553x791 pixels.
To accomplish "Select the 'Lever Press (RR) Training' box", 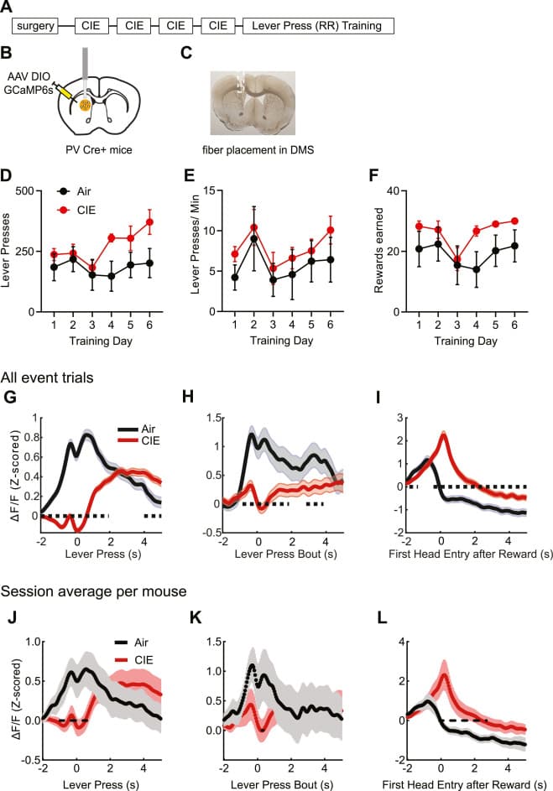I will (318, 26).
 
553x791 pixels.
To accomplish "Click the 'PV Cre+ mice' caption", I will (91, 149).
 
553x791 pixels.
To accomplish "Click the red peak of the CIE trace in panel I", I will (443, 435).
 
